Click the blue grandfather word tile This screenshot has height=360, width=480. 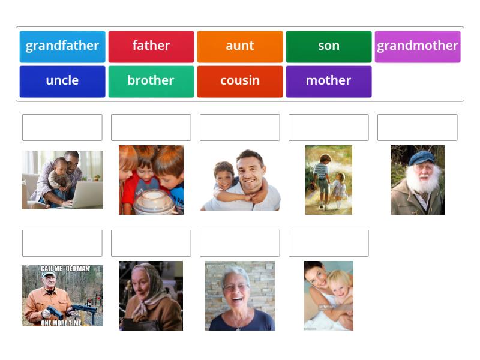point(62,47)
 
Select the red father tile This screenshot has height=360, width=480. point(151,47)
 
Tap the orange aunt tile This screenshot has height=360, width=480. point(240,47)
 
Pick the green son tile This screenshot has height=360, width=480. point(329,47)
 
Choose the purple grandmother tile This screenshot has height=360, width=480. point(418,47)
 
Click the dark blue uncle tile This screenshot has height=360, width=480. point(62,82)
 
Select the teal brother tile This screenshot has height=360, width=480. point(151,82)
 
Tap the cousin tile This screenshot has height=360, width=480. point(240,82)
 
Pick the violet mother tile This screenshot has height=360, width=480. point(329,82)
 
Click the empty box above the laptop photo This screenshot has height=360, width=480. point(62,127)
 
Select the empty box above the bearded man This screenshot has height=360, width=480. point(418,127)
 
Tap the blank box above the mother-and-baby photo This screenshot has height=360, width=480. point(329,243)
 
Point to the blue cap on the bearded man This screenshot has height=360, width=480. point(421,157)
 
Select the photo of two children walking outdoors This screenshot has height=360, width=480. point(329,179)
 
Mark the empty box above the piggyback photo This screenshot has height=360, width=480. point(240,127)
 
